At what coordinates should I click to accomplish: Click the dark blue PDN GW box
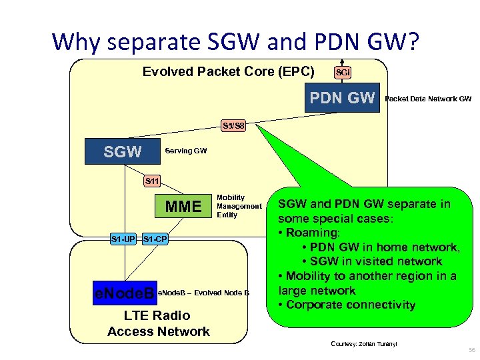[342, 99]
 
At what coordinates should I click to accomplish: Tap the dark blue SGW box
[123, 152]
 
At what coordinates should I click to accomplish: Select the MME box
[183, 207]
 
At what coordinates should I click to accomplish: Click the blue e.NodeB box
[125, 292]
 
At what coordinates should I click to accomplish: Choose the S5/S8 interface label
[233, 125]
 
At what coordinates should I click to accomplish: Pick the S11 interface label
[153, 181]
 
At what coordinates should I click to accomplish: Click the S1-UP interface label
[123, 238]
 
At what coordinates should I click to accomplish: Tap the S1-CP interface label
[155, 238]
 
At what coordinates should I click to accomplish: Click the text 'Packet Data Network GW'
[428, 99]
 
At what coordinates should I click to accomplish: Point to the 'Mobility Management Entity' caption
[239, 207]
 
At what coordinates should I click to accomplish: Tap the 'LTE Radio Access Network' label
[158, 323]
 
